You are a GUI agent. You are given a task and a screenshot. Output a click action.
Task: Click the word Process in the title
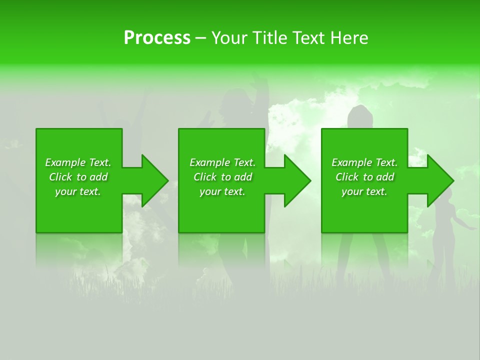(157, 38)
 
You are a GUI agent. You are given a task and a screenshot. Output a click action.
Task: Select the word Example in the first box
(65, 162)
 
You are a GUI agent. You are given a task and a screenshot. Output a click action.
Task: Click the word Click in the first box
(61, 177)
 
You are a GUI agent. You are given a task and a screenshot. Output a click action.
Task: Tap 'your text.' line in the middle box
(222, 191)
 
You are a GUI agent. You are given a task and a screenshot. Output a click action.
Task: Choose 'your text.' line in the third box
(364, 191)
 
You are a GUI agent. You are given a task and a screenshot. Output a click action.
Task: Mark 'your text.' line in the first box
(77, 191)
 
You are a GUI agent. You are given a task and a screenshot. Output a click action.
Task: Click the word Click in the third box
(347, 177)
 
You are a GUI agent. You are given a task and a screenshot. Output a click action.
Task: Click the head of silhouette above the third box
(360, 116)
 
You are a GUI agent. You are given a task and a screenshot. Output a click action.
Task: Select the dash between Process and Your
(200, 38)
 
